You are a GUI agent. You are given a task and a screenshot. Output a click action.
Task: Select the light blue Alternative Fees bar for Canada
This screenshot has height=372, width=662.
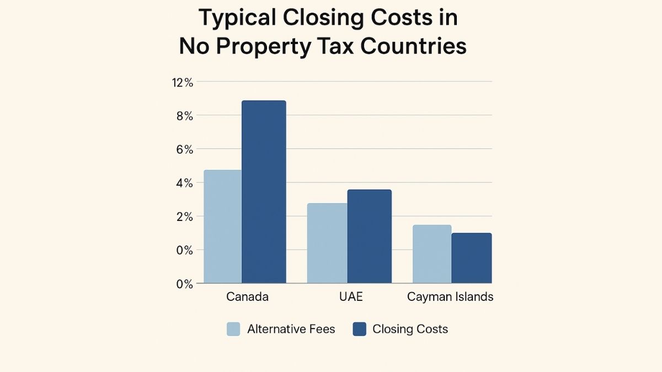(x=223, y=227)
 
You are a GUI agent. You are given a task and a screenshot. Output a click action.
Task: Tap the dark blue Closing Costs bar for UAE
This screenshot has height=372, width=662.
(x=369, y=236)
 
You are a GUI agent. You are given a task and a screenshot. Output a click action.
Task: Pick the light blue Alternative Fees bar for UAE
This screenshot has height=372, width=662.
(x=327, y=243)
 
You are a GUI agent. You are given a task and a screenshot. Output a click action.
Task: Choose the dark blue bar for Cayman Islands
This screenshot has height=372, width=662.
(x=471, y=258)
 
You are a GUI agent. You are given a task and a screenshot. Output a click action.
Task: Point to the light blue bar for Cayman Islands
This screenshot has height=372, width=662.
(x=432, y=254)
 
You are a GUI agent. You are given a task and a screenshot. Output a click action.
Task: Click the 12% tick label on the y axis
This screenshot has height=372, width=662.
(x=183, y=82)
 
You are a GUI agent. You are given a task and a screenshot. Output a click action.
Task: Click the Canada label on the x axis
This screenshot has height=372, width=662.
(x=247, y=296)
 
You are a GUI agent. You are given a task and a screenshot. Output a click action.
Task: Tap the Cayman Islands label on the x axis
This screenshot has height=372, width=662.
(x=450, y=296)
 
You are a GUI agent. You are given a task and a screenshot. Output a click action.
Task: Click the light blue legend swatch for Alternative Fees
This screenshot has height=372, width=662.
(x=233, y=330)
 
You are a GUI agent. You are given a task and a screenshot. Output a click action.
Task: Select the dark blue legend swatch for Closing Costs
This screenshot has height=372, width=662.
(x=359, y=330)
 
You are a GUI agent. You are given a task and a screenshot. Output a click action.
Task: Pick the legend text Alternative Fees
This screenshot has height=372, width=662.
(x=291, y=330)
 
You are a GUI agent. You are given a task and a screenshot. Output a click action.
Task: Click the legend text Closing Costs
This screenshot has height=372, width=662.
(x=410, y=330)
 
